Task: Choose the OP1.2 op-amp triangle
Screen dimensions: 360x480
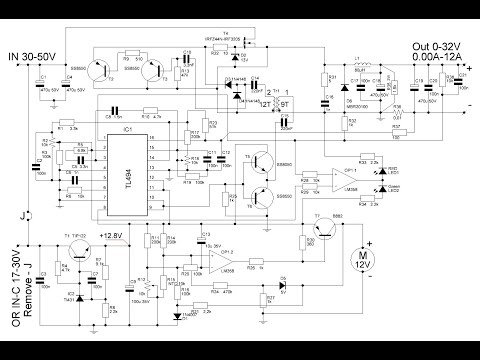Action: point(211,257)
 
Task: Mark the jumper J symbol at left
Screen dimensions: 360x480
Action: point(26,213)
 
